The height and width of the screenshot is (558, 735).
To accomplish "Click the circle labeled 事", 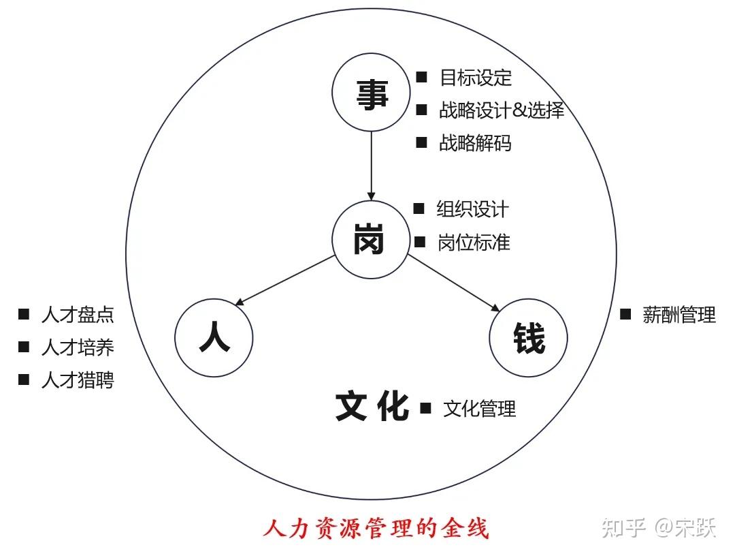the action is [x=372, y=93].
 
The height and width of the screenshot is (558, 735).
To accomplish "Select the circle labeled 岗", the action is [x=370, y=240].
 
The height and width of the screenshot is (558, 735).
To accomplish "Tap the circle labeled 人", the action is [x=214, y=338].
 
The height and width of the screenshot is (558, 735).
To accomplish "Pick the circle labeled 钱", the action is [x=528, y=338].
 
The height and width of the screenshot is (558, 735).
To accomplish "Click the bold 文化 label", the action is [x=372, y=407].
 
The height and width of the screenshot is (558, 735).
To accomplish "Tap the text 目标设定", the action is [x=476, y=78].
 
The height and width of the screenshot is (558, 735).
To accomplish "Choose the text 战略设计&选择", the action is [x=502, y=110].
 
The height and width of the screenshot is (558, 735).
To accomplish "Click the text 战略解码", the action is [x=475, y=143].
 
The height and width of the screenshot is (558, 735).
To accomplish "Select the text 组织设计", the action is [x=472, y=209].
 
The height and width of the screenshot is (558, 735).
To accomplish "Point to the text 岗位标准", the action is [x=474, y=243].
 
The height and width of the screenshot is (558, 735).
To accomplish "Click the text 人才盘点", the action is [x=78, y=315].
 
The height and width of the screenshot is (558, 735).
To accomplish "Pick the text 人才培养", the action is [x=78, y=347].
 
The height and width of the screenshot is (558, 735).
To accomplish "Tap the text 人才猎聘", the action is [x=78, y=380].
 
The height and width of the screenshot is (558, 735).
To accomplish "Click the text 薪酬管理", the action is [x=679, y=315].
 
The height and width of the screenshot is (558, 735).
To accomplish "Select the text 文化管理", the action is [x=479, y=409].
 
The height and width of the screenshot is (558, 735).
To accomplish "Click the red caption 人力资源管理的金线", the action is [x=376, y=529].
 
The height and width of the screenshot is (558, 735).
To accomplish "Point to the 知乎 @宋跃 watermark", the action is [x=659, y=527].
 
